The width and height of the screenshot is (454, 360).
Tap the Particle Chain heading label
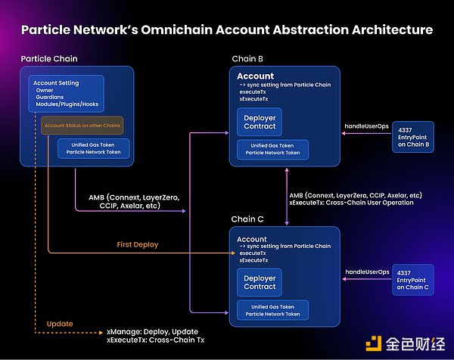(x=48, y=58)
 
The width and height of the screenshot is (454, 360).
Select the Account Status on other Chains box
(x=82, y=125)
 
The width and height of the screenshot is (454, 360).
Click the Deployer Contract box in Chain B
(x=260, y=122)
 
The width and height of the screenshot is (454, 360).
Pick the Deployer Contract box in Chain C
(x=260, y=282)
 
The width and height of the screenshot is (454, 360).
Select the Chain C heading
(x=248, y=219)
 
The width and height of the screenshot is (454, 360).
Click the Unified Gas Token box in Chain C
(x=271, y=309)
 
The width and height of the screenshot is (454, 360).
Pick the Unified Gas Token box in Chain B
(x=271, y=149)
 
